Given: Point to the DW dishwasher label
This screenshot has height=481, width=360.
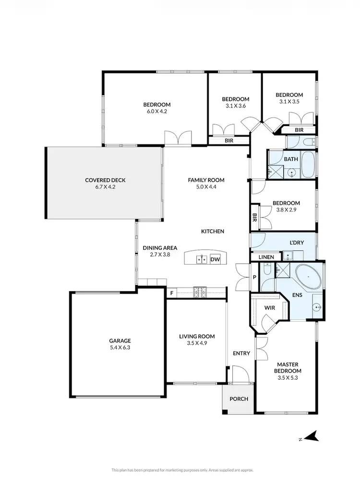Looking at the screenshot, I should pos(216,259).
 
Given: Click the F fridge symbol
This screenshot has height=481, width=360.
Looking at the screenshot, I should pos(171,293).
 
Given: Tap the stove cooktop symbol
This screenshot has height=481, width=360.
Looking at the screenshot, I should pos(199,291).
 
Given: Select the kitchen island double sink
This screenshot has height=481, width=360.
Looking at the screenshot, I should pos(202,259).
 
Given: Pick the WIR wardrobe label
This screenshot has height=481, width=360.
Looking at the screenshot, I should pos(270,308).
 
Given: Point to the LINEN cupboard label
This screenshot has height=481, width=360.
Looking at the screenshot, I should pos(266,258).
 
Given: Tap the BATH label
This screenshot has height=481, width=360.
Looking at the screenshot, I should pos(291,159).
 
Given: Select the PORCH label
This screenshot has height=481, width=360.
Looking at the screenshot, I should pos(239,399).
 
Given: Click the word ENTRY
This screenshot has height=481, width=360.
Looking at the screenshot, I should pos(241,353).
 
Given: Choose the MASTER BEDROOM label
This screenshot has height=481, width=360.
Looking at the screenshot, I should pos(288,367).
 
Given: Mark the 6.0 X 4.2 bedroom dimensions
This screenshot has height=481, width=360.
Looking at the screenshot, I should pos(157,112).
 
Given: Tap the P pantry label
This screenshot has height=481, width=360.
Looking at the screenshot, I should pos(254,278).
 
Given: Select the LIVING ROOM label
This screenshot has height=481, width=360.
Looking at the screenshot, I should pos(197,336).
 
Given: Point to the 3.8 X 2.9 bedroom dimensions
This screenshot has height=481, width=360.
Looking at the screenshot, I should pos(286,210).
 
